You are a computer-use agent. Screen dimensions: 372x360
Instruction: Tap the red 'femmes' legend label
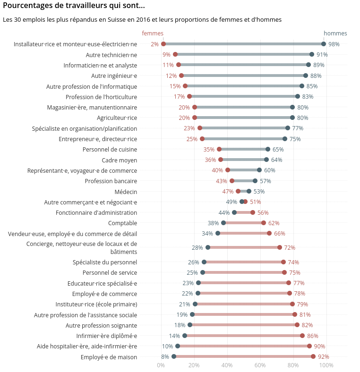click(153, 34)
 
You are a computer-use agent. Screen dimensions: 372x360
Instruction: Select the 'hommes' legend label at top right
click(335, 34)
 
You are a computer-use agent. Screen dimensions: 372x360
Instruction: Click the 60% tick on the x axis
click(260, 365)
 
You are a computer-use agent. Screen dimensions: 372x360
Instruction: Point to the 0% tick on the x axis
click(161, 365)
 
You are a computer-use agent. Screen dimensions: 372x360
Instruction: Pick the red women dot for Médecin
click(238, 191)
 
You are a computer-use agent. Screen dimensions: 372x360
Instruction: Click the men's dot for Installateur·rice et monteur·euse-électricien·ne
click(324, 44)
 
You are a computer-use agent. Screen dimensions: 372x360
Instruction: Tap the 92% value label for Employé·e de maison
click(323, 357)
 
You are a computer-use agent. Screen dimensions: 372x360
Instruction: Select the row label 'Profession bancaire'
click(111, 181)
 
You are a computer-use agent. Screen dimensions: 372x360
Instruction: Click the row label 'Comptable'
click(122, 223)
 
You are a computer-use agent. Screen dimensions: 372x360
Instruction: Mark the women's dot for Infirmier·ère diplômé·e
click(302, 336)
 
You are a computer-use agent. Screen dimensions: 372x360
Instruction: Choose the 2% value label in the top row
click(154, 44)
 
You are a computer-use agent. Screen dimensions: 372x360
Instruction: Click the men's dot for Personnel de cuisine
click(268, 149)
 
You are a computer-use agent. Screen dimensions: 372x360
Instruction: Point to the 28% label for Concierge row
click(197, 248)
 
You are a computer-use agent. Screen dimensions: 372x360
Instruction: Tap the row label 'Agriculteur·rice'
click(117, 118)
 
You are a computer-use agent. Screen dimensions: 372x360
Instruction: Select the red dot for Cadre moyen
click(221, 160)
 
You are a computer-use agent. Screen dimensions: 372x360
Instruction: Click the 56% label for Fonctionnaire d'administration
click(263, 213)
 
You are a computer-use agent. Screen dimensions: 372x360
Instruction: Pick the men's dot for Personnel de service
click(203, 272)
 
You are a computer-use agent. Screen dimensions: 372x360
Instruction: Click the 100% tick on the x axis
click(326, 365)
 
